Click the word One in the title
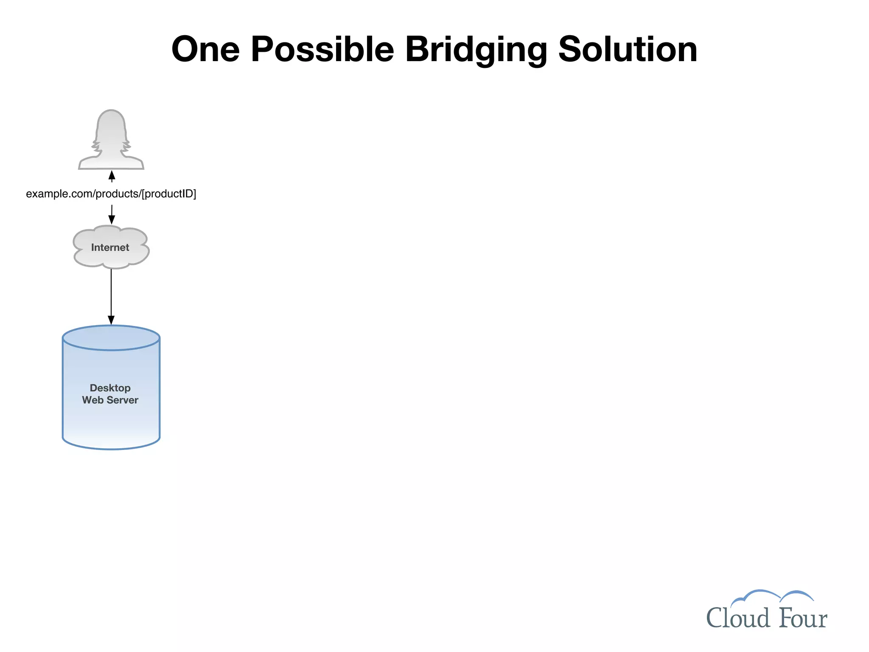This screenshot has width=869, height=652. click(x=205, y=50)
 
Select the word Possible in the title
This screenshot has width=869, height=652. click(x=322, y=50)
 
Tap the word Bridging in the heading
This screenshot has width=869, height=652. click(x=476, y=50)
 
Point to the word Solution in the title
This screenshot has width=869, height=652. click(x=628, y=50)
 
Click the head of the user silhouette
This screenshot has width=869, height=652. click(x=111, y=125)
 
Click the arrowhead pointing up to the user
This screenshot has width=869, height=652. click(x=112, y=175)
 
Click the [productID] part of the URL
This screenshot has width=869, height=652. click(x=169, y=194)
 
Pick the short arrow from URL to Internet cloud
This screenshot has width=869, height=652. click(x=112, y=214)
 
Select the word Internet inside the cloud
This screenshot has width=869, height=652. click(x=110, y=247)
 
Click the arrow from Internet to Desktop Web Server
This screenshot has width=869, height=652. click(x=111, y=293)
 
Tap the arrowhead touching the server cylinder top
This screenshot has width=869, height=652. click(x=111, y=320)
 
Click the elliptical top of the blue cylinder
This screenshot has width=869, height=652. click(x=111, y=338)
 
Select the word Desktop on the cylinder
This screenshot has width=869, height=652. click(x=110, y=388)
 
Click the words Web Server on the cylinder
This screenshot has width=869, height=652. click(x=110, y=400)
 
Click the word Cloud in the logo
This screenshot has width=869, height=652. click(x=737, y=618)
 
